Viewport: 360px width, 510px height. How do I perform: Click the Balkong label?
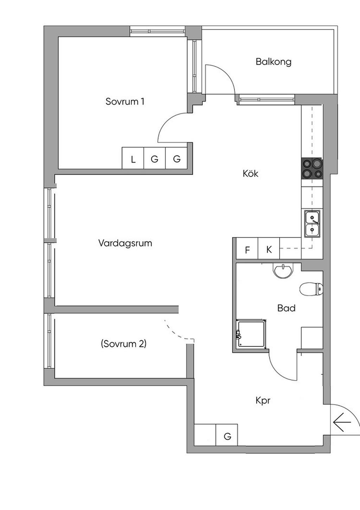pyautogui.click(x=273, y=62)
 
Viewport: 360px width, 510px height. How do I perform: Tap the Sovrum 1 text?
pyautogui.click(x=125, y=102)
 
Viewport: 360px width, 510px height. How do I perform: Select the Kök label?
pyautogui.click(x=250, y=173)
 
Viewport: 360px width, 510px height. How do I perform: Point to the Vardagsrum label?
pyautogui.click(x=125, y=243)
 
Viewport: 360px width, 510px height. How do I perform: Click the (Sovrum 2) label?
pyautogui.click(x=123, y=344)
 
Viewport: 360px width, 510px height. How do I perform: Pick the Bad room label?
pyautogui.click(x=286, y=308)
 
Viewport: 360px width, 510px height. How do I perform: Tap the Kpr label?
pyautogui.click(x=263, y=401)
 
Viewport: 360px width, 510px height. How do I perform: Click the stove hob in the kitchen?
pyautogui.click(x=312, y=168)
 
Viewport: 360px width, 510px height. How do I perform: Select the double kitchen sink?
pyautogui.click(x=312, y=224)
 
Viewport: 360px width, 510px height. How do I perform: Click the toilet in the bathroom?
pyautogui.click(x=311, y=289)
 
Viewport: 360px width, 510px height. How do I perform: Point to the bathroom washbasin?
pyautogui.click(x=283, y=270)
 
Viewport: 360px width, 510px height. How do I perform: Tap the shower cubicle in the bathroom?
pyautogui.click(x=251, y=334)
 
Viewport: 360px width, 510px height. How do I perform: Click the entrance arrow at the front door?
pyautogui.click(x=342, y=422)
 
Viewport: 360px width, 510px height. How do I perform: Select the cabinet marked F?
pyautogui.click(x=247, y=248)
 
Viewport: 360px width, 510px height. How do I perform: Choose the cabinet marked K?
pyautogui.click(x=269, y=248)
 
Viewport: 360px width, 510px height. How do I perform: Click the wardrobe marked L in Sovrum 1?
pyautogui.click(x=133, y=158)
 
